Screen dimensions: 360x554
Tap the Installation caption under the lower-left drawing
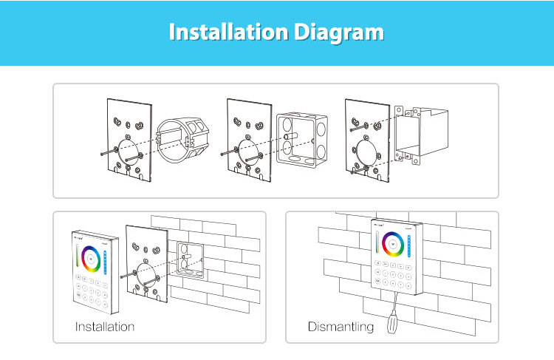pyautogui.click(x=105, y=326)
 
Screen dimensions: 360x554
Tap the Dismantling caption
pyautogui.click(x=341, y=326)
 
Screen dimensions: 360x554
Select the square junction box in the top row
pyautogui.click(x=299, y=137)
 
